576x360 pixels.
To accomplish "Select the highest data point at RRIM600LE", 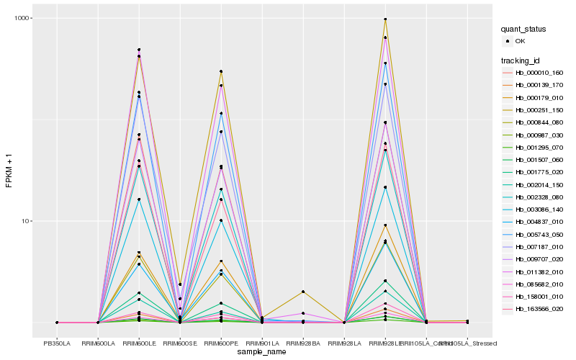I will coord(139,50).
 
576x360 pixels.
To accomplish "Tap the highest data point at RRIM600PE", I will coord(221,71).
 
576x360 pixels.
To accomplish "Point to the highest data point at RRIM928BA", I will coord(303,292).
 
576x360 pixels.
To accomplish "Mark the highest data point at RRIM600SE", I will coord(180,284).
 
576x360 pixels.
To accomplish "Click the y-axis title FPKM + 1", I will coord(9,174).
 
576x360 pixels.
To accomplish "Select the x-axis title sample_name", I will coord(262,352).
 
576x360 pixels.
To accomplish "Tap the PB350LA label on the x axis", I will coord(57,343).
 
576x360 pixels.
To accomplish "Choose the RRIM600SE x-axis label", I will coord(180,343).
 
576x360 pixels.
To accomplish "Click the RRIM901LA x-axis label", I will coord(262,343).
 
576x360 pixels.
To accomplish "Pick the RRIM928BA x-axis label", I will coord(303,343).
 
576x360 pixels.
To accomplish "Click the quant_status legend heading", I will coord(526,30).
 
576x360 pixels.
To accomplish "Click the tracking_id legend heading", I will coord(522,60).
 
